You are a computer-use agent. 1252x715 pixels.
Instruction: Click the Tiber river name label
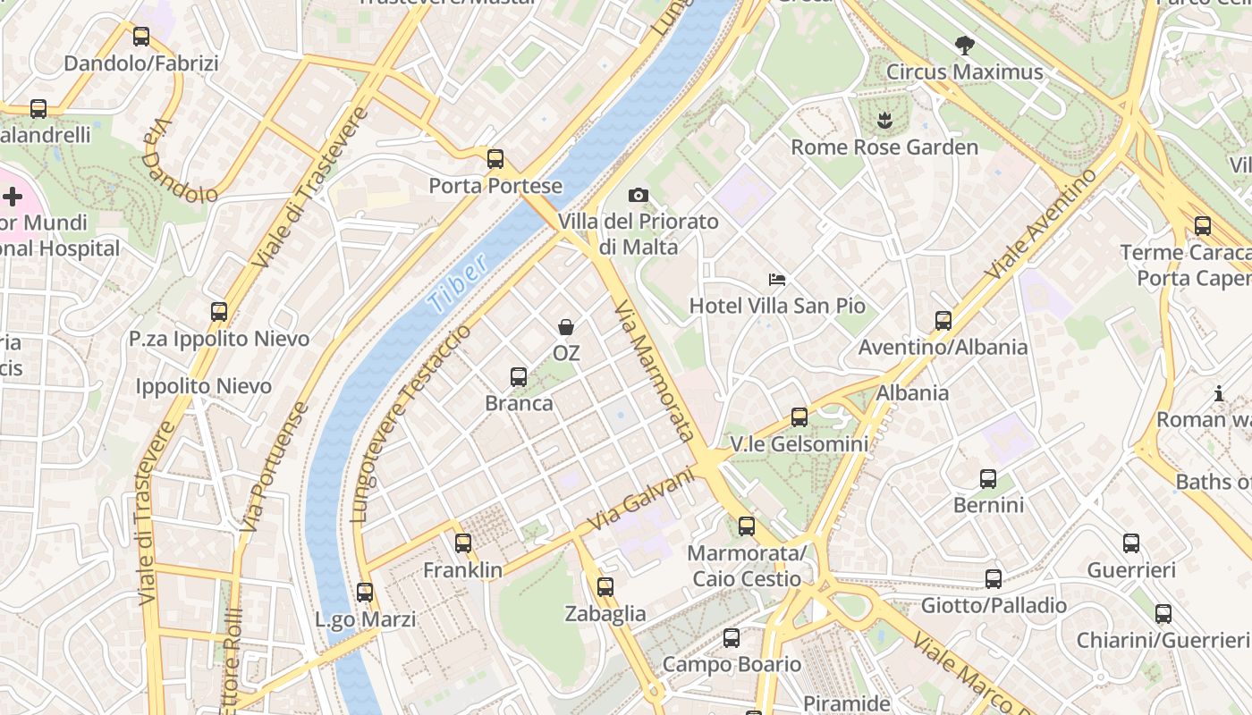pos(457,282)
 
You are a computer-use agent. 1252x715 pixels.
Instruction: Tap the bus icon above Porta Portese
pos(495,159)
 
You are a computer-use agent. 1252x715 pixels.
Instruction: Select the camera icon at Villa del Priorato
pos(638,195)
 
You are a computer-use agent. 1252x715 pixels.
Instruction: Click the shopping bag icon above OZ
pos(566,327)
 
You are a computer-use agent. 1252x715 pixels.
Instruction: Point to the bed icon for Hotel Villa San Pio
pos(777,281)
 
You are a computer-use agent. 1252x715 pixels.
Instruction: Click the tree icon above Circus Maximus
pos(964,45)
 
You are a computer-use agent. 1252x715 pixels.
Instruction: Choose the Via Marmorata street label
pos(655,370)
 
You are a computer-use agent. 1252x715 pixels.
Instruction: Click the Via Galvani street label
pos(641,500)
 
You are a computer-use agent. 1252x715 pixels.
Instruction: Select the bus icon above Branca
pos(519,377)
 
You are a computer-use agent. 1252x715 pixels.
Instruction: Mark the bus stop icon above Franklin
pos(462,543)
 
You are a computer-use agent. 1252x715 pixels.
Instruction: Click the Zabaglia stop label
pos(605,613)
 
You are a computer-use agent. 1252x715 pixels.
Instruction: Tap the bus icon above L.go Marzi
pos(364,592)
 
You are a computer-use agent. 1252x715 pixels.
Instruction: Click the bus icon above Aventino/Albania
pos(943,320)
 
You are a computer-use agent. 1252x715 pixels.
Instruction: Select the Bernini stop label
pos(988,505)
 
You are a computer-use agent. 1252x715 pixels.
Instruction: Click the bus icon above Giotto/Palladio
pos(993,578)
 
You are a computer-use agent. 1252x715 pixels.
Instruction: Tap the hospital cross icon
pos(13,196)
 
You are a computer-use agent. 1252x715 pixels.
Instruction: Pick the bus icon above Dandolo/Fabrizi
pos(140,37)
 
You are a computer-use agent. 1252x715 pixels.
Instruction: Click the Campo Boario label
pos(732,664)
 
